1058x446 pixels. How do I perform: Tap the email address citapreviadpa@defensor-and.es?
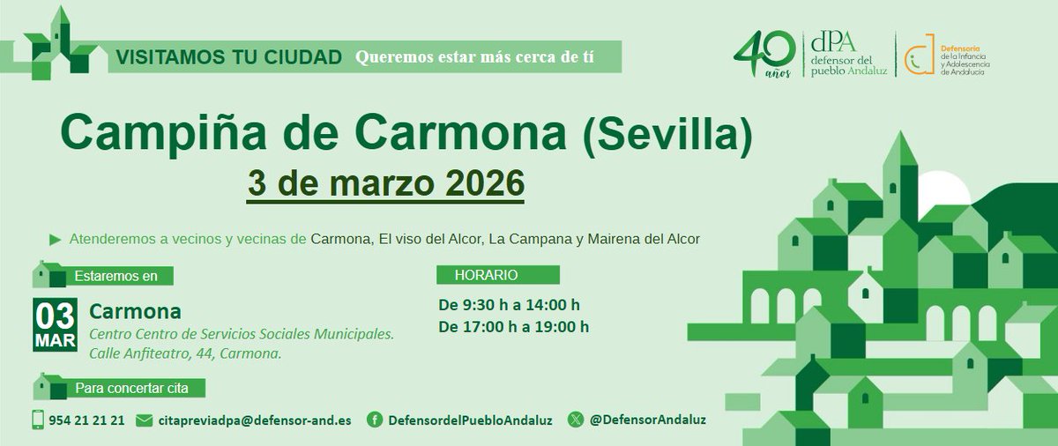click(x=254, y=420)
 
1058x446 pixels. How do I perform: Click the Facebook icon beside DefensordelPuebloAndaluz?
click(x=375, y=420)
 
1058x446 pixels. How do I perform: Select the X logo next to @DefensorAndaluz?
click(x=576, y=420)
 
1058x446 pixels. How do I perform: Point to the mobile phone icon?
click(x=38, y=420)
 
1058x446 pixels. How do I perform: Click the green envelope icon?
click(x=144, y=420)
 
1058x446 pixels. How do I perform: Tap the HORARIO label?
click(x=486, y=275)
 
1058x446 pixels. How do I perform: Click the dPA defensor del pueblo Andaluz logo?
click(x=850, y=55)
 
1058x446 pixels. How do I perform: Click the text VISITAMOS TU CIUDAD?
click(x=228, y=58)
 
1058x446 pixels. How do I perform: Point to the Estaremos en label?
click(x=116, y=276)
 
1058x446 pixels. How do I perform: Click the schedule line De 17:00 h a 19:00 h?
click(x=514, y=327)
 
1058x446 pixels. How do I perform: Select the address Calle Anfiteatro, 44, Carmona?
click(x=185, y=353)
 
